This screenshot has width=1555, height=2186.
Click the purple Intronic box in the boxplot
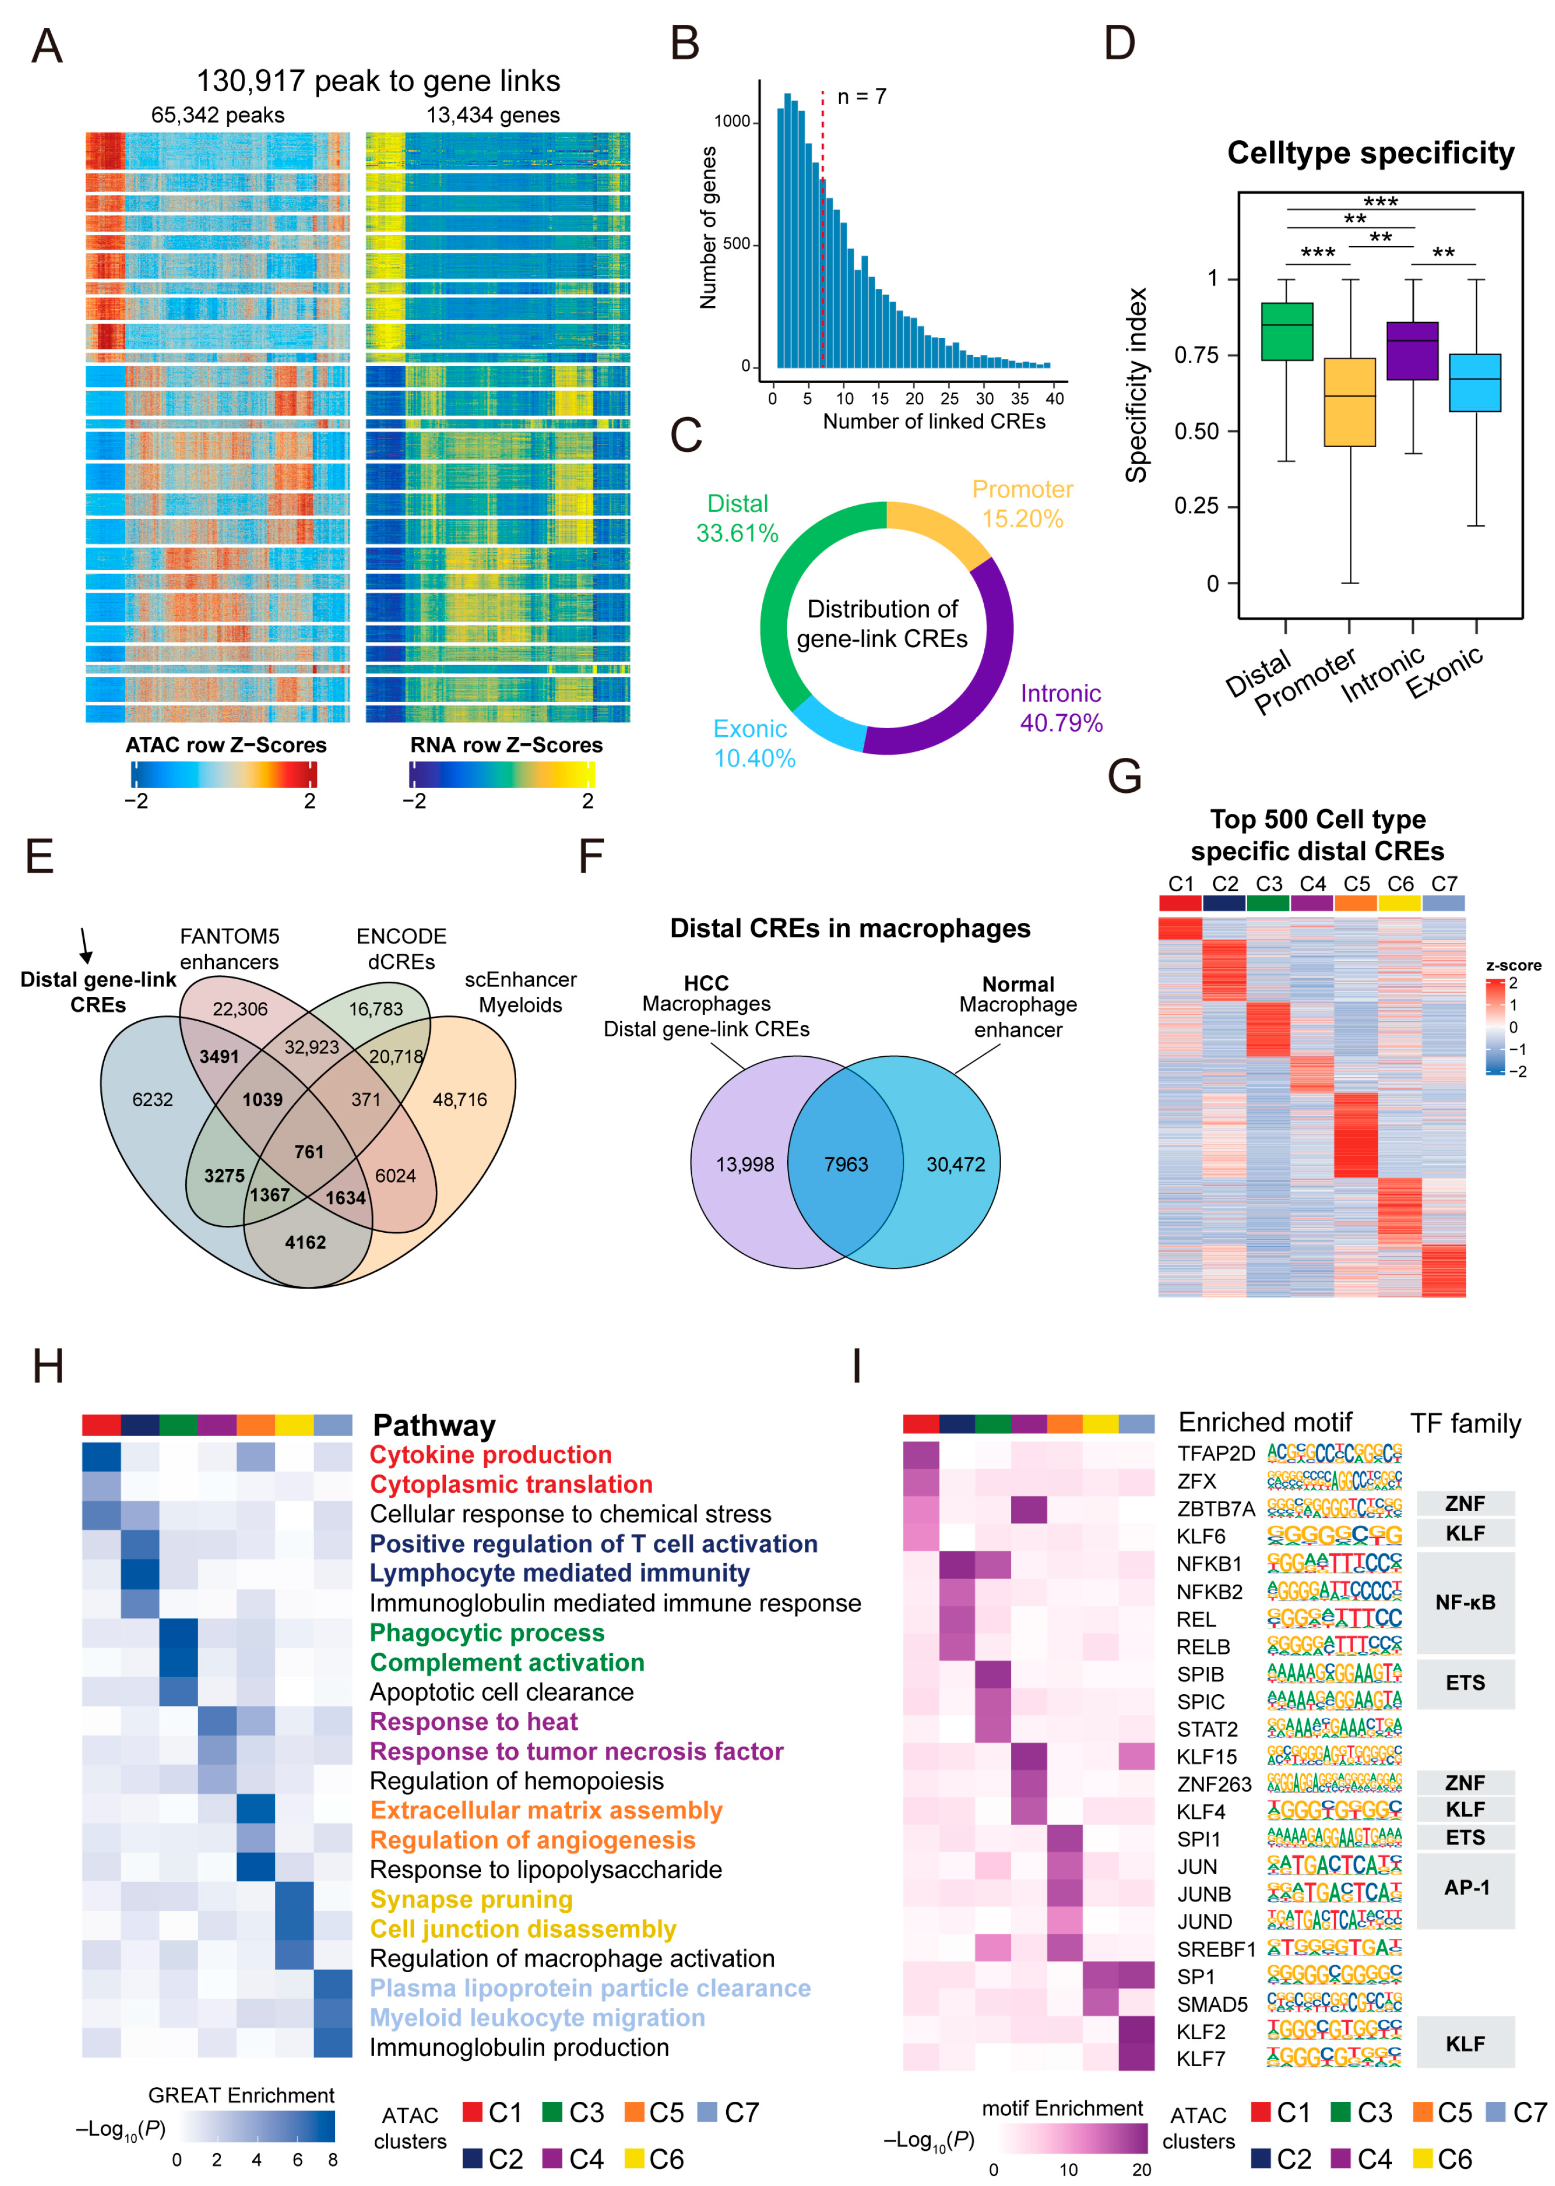click(x=1412, y=350)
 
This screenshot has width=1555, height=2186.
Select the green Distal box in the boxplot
click(x=1286, y=331)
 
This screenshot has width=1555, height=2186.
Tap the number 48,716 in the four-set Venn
click(x=459, y=1099)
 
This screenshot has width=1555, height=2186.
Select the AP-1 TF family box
click(x=1465, y=1889)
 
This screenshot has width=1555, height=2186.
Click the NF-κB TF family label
click(x=1465, y=1602)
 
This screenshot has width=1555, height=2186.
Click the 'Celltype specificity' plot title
click(x=1370, y=153)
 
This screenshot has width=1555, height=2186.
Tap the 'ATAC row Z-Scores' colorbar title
click(x=226, y=745)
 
